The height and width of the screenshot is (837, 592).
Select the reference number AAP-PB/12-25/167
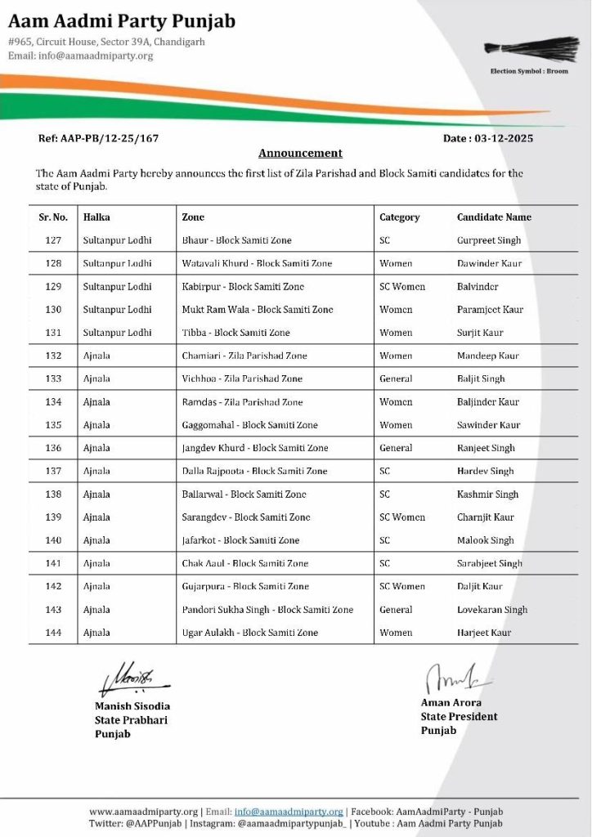pos(98,138)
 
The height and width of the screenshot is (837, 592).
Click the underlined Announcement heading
pos(300,153)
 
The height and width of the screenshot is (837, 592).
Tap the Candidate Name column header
pos(494,217)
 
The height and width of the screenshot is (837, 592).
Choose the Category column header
pos(399,217)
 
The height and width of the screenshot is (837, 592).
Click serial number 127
pos(53,240)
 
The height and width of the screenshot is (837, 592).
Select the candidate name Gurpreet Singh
pos(489,240)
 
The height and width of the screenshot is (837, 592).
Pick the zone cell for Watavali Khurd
pos(257,263)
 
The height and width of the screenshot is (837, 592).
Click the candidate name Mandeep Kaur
pos(488,356)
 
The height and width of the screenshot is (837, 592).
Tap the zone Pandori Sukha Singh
pos(267,609)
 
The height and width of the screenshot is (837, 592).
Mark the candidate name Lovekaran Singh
pos(492,609)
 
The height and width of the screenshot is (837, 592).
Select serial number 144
pos(53,632)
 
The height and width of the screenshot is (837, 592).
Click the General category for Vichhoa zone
pos(396,378)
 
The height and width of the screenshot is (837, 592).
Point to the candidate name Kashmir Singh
pos(487,494)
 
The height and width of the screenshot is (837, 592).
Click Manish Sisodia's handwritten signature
pos(131,679)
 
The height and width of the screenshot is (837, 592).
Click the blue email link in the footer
pos(289,812)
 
